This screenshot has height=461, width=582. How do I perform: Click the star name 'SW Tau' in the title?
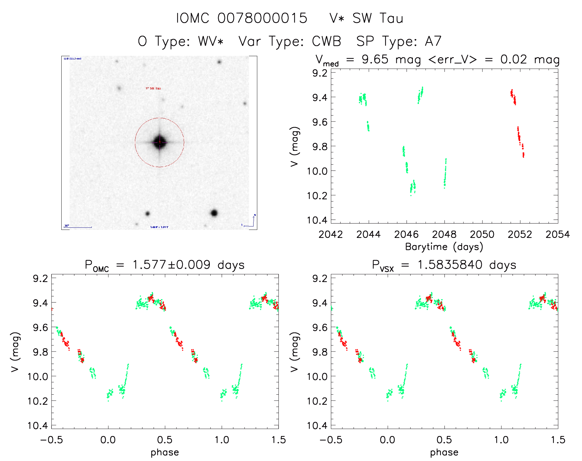click(378, 19)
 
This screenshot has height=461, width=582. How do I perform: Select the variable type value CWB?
click(327, 41)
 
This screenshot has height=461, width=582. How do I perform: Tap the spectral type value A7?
click(433, 41)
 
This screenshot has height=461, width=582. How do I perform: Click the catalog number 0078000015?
click(262, 19)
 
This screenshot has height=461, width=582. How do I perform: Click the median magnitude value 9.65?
click(375, 59)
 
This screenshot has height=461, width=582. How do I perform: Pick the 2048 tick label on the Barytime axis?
click(444, 235)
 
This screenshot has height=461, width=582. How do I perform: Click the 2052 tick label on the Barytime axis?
click(520, 235)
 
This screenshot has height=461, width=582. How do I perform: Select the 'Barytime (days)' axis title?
click(444, 247)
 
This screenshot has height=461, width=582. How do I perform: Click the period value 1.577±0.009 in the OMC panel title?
click(171, 265)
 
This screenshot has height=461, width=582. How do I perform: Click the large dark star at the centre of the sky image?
click(160, 142)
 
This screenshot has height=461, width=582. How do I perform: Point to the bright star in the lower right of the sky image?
click(214, 213)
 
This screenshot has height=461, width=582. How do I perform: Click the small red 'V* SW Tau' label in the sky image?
click(153, 89)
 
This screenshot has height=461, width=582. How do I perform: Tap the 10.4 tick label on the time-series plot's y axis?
click(317, 220)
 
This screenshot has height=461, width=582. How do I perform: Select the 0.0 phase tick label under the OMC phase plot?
click(108, 440)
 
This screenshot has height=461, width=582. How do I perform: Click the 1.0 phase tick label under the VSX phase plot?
click(501, 440)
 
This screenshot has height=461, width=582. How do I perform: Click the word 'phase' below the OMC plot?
click(165, 452)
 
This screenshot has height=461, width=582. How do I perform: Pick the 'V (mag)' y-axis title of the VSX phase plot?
click(295, 352)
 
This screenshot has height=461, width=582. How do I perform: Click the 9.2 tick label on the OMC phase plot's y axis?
click(40, 278)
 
